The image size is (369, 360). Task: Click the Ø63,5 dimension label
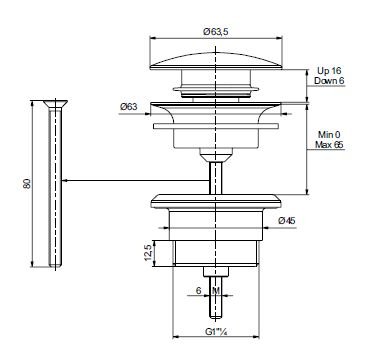point(217,32)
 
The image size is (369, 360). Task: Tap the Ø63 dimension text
point(128,107)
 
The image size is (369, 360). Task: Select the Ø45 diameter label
point(287,221)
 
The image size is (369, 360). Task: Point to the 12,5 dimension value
point(148,253)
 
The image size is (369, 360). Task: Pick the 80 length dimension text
point(27,183)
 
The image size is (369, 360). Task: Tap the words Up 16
point(329,71)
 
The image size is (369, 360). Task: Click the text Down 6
point(329,81)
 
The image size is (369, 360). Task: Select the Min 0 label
point(329,135)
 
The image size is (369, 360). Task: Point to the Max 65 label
point(329,145)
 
